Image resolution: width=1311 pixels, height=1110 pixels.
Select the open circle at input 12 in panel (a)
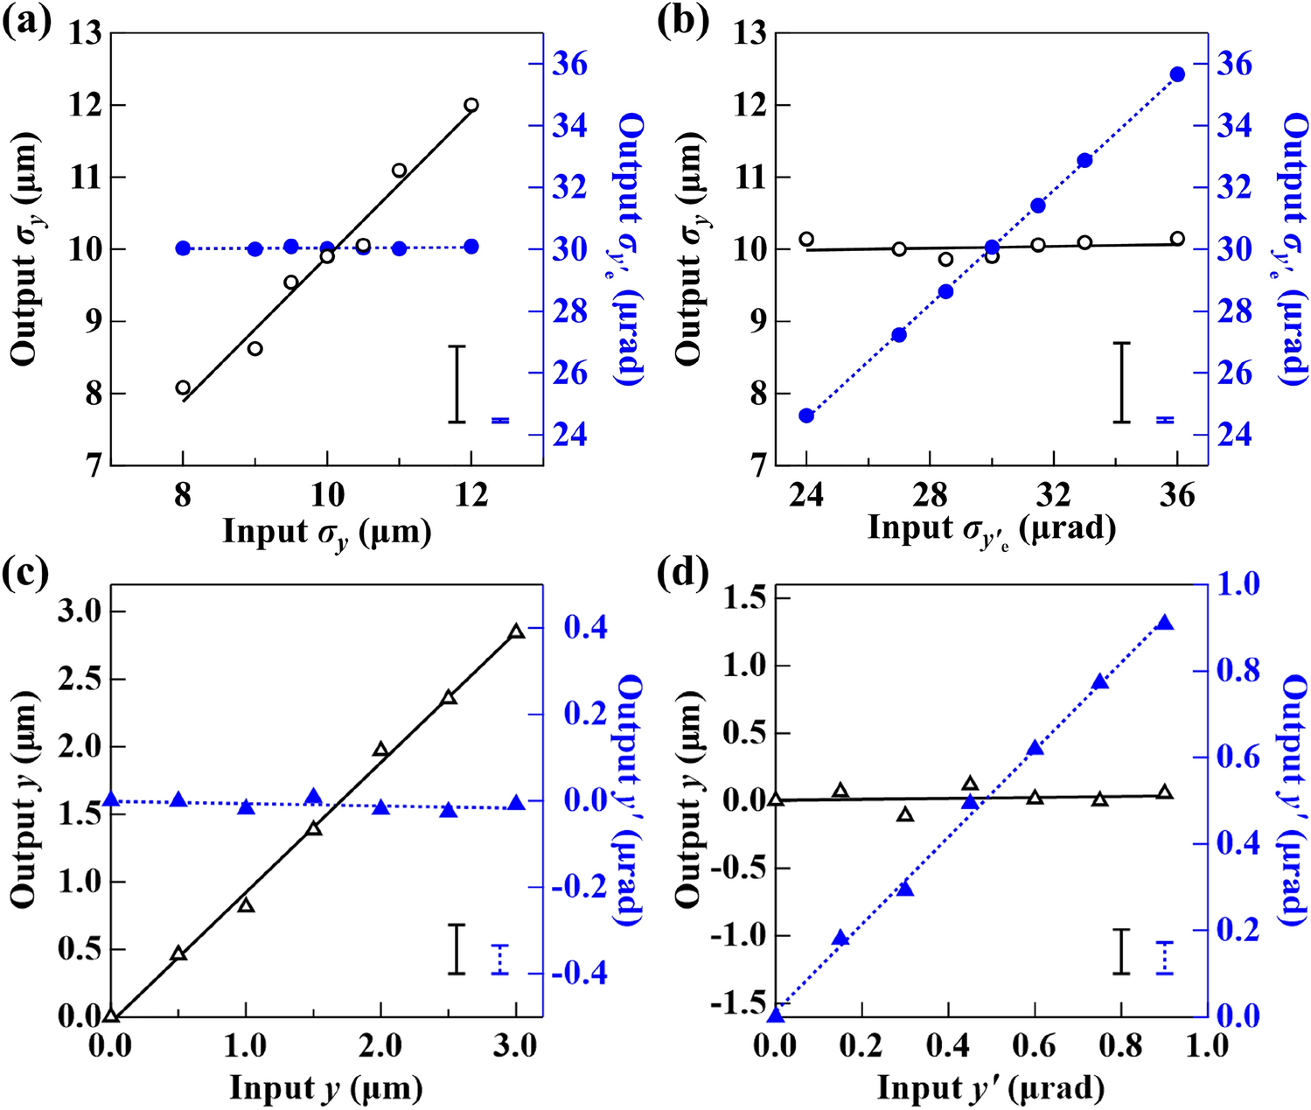coord(471,105)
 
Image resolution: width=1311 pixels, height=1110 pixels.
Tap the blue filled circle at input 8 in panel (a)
coord(183,248)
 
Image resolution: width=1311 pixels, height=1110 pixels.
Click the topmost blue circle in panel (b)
coord(1177,74)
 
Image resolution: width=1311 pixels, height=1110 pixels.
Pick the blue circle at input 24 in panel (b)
coord(806,415)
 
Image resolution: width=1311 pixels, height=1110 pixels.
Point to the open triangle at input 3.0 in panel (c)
coord(516,632)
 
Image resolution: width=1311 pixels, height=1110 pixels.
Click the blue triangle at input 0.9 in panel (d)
coord(1165,623)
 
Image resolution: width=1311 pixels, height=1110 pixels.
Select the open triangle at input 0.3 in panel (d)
coord(905,814)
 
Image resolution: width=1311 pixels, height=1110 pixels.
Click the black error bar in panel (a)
coord(457,384)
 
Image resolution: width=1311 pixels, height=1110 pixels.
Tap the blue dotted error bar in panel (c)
coord(499,959)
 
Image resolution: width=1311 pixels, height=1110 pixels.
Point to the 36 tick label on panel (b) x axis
coord(1177,496)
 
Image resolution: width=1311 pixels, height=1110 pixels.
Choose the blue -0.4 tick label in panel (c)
coord(579,974)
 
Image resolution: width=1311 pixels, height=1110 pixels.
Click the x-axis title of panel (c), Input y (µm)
coord(326,1088)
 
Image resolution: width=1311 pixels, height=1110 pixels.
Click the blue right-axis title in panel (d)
coord(1294,799)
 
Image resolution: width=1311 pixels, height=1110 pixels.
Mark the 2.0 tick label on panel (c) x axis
coord(380,1045)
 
